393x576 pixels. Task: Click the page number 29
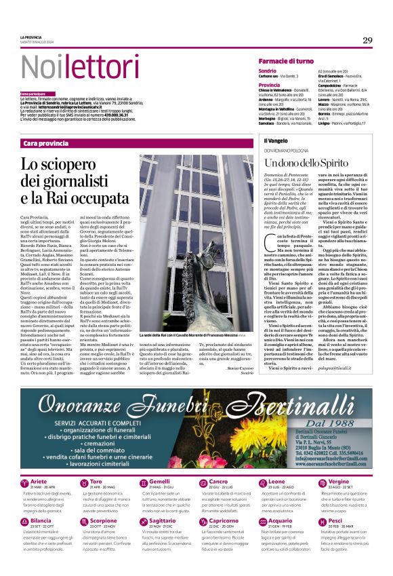point(367,40)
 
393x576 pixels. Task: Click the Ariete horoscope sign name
point(39,481)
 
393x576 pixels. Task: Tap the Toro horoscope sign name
point(96,481)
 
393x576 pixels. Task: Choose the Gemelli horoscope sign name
point(161,481)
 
